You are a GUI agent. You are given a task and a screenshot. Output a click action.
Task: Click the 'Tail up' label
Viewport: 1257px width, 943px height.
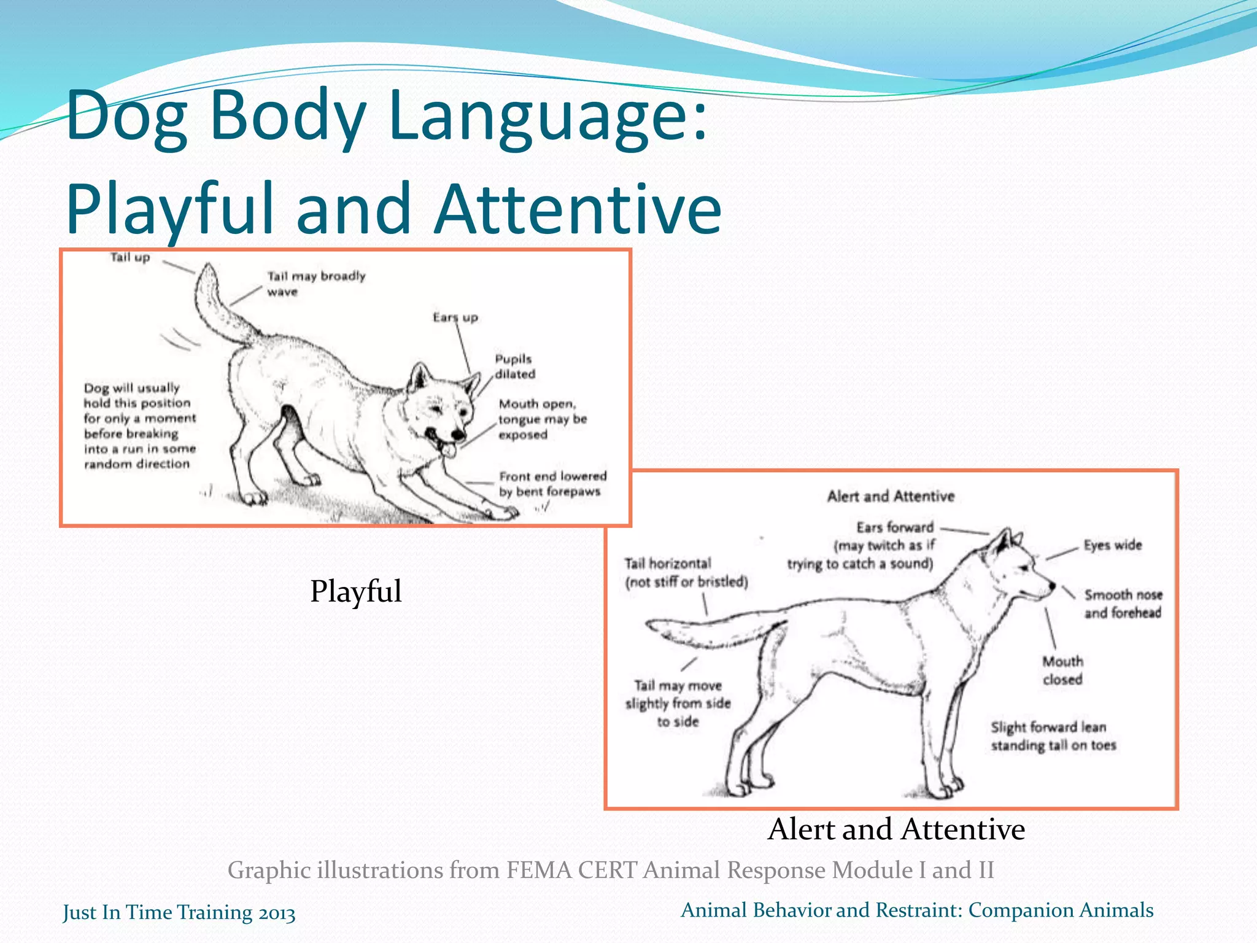click(130, 257)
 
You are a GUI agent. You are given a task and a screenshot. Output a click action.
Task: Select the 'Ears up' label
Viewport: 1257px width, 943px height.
click(455, 317)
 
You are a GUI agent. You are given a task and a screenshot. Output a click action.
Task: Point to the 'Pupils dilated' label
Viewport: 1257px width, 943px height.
click(514, 367)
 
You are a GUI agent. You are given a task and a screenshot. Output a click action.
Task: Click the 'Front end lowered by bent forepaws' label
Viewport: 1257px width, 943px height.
click(552, 484)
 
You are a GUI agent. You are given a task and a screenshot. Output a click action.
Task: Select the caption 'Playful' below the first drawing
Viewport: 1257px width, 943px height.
click(355, 591)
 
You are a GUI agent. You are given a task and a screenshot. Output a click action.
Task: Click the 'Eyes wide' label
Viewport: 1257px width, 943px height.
click(1112, 545)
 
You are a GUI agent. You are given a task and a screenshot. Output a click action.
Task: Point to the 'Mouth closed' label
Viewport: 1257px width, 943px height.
click(1062, 670)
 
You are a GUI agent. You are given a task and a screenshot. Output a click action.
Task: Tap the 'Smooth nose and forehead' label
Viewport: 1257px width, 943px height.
click(1123, 603)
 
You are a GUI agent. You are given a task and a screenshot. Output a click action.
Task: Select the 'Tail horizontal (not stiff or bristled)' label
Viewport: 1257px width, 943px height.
click(686, 572)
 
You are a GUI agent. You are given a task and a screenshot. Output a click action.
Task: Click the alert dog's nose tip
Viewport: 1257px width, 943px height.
click(1052, 585)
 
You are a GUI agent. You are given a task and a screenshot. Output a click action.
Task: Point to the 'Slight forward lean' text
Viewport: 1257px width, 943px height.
click(1048, 728)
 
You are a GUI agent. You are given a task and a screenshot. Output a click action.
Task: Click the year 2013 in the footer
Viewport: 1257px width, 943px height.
click(276, 913)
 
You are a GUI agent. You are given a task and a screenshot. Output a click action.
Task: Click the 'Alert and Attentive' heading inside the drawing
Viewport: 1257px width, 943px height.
click(891, 496)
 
